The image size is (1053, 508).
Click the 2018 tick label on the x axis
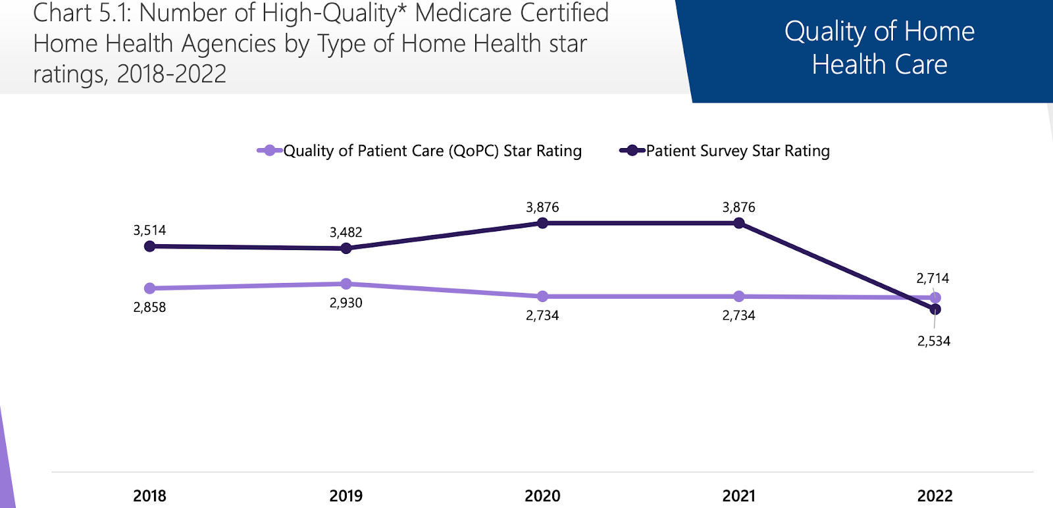tap(149, 495)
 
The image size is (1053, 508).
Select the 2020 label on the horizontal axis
tap(542, 495)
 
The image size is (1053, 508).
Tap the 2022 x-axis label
tap(935, 495)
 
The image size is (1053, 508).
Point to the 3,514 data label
tap(149, 230)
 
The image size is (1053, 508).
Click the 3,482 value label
tap(346, 232)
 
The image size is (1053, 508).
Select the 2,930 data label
tap(346, 303)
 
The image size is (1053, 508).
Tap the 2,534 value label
tap(934, 341)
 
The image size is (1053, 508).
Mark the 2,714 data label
tap(933, 278)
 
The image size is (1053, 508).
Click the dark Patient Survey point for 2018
tap(149, 246)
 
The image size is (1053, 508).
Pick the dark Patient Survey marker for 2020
tap(542, 223)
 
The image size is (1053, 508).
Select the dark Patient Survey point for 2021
tap(738, 223)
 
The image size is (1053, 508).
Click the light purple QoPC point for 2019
tap(346, 284)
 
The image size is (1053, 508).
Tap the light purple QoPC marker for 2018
tap(149, 288)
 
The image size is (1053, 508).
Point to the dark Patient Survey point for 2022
tap(935, 309)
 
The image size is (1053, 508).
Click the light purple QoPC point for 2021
tap(738, 296)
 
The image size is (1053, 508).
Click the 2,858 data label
tap(149, 307)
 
